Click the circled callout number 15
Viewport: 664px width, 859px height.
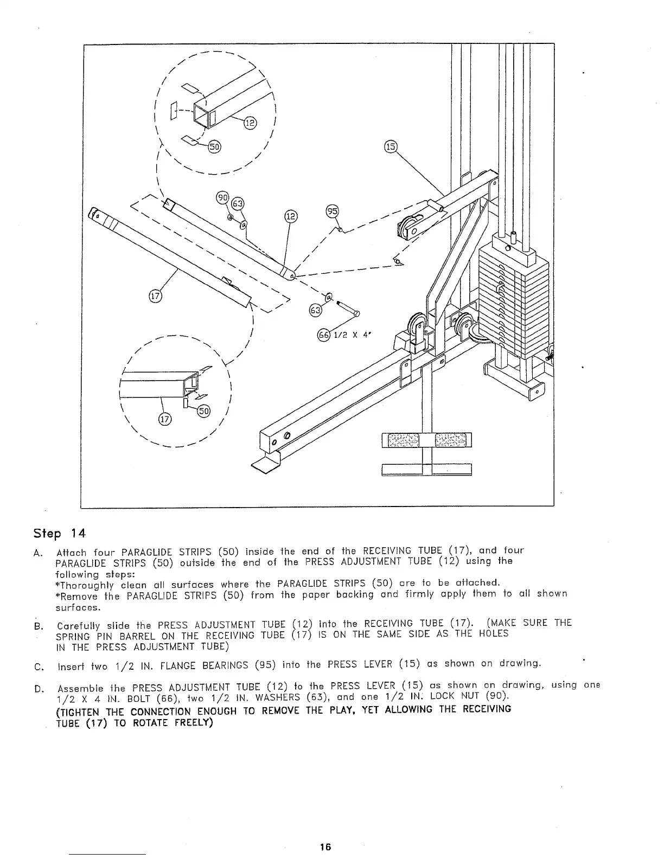391,146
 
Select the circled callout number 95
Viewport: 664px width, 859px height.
331,211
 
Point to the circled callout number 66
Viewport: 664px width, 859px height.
323,335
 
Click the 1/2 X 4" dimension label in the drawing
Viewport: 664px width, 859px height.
351,335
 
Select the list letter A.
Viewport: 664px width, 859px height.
37,553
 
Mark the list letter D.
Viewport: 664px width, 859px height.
37,688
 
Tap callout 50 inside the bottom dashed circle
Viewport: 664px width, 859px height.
204,410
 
